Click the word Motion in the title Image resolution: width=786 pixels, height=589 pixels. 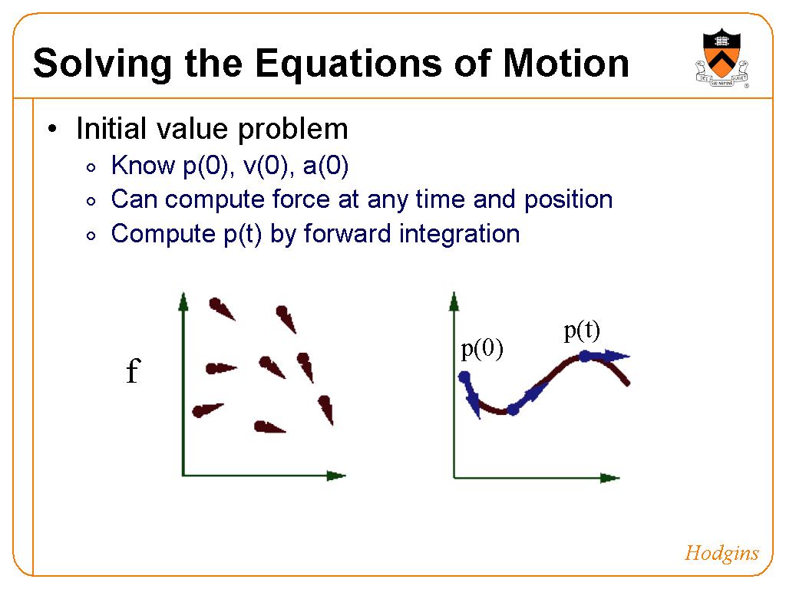tap(566, 63)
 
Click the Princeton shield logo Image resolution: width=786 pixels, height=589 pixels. tap(722, 58)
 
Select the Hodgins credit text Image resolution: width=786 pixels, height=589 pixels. tap(722, 554)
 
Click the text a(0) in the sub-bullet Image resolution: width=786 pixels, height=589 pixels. tap(325, 166)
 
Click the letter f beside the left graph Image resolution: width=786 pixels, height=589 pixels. tap(133, 370)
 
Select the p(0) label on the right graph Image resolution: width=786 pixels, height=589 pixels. tap(482, 349)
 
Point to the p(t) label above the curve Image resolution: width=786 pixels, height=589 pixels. tap(582, 331)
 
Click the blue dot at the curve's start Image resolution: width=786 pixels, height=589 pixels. tap(464, 377)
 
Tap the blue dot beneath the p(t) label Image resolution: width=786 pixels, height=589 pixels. tap(584, 356)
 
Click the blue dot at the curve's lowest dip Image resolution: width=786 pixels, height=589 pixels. tap(513, 410)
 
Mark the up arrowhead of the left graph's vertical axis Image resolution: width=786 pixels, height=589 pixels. tap(183, 301)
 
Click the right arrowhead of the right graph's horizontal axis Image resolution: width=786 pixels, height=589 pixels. tap(609, 478)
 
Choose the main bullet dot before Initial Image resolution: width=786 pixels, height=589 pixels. tap(52, 129)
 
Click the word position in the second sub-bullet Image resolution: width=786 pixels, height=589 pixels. tap(569, 200)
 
